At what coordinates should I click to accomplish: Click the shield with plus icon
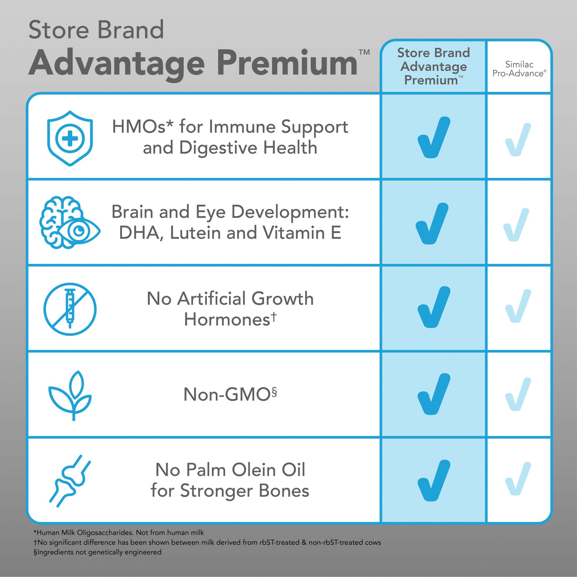pos(70,138)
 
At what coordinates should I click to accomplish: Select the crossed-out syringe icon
pos(70,309)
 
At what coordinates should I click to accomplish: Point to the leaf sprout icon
pos(70,396)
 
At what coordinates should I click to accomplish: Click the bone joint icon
pos(70,481)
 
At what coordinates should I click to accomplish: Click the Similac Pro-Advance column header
pos(519,69)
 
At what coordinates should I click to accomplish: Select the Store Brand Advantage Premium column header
pos(433,66)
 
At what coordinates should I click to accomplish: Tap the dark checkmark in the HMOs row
pos(434,137)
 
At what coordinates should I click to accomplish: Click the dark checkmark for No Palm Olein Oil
pos(434,480)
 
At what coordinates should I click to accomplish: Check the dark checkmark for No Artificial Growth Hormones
pos(434,307)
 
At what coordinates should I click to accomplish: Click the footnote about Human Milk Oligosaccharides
pos(119,533)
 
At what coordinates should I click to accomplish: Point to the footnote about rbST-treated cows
pos(207,542)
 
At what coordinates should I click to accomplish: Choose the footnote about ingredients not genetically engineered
pos(97,552)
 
